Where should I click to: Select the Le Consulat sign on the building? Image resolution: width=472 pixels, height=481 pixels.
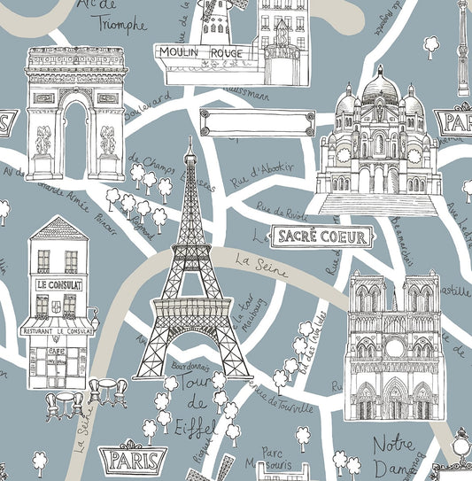pos(59,284)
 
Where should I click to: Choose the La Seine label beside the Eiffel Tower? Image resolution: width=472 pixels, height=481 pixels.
pos(261,265)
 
